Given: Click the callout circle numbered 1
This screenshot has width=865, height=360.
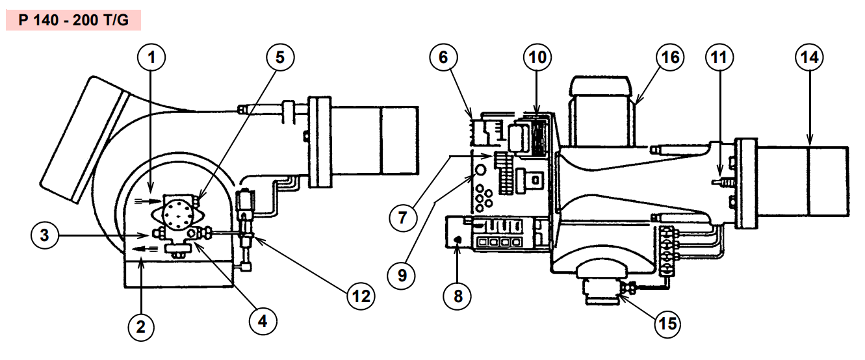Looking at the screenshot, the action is [151, 57].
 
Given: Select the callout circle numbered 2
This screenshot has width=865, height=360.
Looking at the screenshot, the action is [141, 327].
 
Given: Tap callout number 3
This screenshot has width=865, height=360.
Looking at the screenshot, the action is [45, 235].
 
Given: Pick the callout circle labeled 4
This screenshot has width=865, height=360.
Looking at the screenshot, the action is [263, 321].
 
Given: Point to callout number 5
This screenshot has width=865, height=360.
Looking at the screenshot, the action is [280, 57].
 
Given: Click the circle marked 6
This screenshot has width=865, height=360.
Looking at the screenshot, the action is [443, 57].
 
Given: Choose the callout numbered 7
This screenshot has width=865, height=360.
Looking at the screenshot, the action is [403, 218].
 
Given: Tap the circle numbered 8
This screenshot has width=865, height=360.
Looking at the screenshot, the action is [458, 296].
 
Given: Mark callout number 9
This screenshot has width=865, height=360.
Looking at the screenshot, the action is [402, 276].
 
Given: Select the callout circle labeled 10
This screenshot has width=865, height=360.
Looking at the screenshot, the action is [537, 57].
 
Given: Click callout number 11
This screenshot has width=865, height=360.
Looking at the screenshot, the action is [719, 57].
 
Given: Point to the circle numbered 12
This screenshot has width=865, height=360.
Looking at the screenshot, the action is [361, 296].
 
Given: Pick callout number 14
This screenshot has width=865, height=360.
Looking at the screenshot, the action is [809, 57].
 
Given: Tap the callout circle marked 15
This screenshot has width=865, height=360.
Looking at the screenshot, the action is [667, 324].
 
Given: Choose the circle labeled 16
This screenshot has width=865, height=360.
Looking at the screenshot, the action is [670, 57].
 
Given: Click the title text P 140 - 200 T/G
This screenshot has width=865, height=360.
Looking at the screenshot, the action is [73, 20].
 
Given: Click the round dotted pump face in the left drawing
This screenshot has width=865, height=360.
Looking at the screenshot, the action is [177, 215].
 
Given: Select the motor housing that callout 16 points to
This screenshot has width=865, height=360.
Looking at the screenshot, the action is [602, 112].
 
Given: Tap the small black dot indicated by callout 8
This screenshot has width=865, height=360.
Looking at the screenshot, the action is [458, 240].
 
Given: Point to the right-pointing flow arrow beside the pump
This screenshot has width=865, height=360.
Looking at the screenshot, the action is [148, 201].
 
